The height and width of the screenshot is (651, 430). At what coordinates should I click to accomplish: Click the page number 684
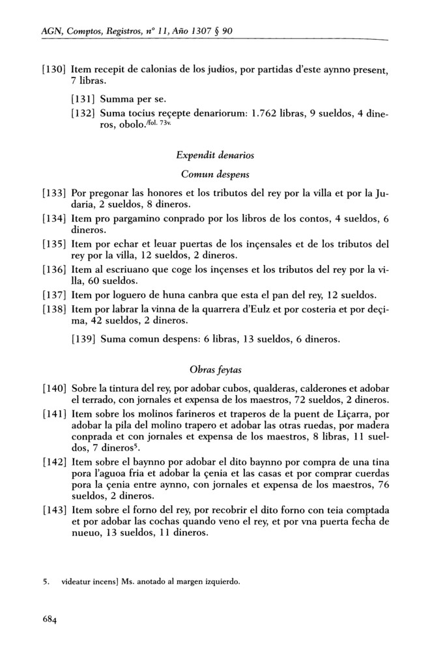coord(44,620)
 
